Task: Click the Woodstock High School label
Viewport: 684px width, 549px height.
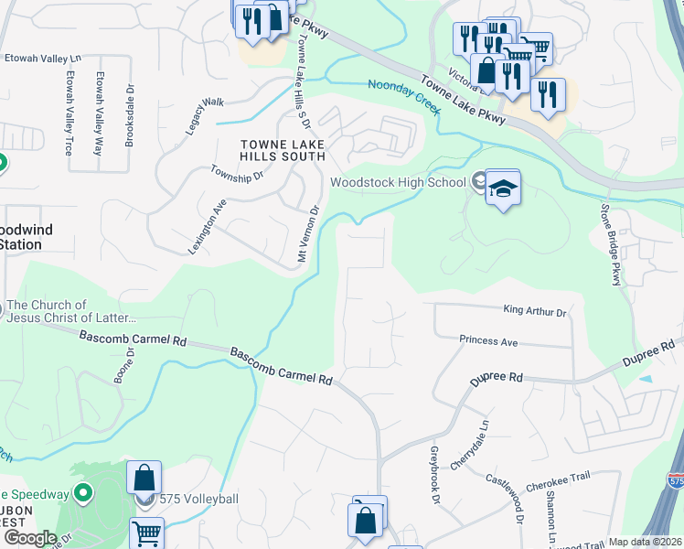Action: click(x=398, y=182)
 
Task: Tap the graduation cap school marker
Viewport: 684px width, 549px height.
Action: click(x=502, y=189)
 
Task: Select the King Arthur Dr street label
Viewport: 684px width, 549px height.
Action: click(x=535, y=312)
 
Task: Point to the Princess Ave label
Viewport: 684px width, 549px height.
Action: click(x=488, y=341)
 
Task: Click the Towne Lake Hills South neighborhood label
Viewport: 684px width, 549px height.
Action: click(x=283, y=150)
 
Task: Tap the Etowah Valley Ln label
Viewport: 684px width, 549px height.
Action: click(x=43, y=57)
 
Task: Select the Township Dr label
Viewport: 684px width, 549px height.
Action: click(x=236, y=172)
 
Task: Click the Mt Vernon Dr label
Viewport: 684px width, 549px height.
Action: click(x=307, y=235)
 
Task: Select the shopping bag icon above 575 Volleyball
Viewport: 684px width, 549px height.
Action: click(x=144, y=478)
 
